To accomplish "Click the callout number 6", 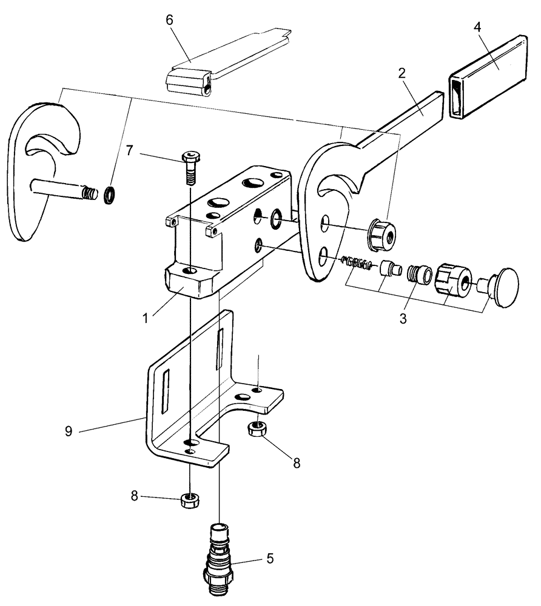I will (x=169, y=20).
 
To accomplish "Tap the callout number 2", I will (x=402, y=73).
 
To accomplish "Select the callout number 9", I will (x=69, y=431).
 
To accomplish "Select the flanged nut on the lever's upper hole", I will (x=381, y=233).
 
